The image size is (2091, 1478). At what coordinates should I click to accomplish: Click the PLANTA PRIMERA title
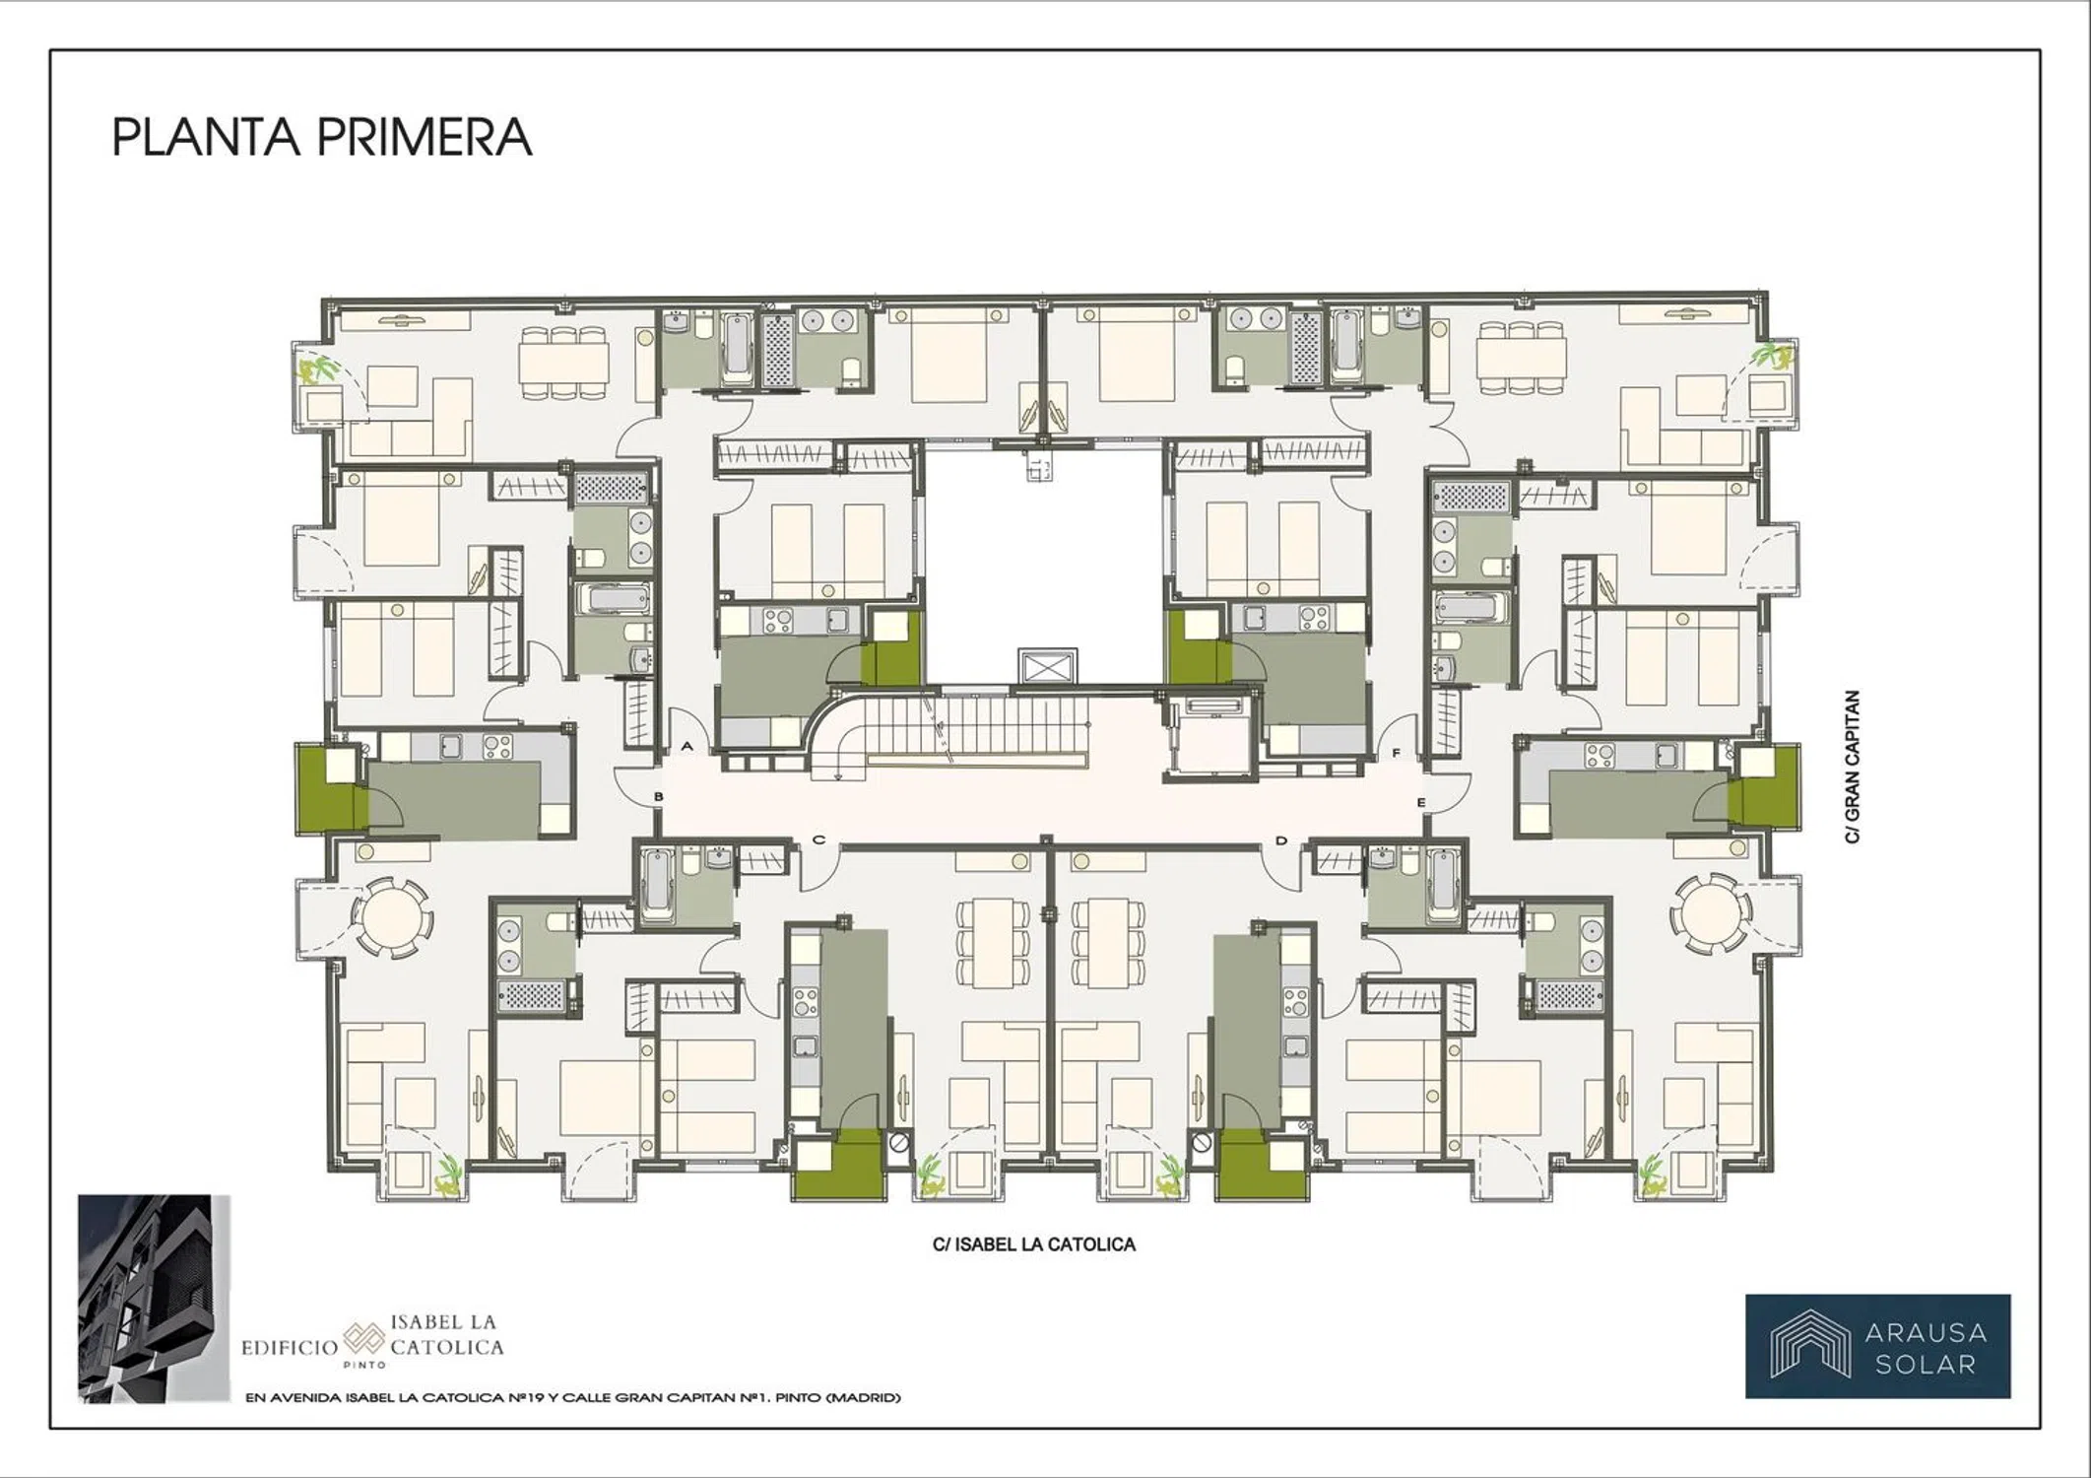321,138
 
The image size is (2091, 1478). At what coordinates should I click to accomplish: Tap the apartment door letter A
687,747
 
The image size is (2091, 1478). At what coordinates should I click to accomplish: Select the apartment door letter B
659,796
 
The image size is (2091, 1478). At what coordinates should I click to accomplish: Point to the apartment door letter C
818,840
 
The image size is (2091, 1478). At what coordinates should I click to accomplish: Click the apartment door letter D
1281,840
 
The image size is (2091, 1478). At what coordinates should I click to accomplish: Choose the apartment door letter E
1421,803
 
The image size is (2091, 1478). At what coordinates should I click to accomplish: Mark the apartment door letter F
1396,754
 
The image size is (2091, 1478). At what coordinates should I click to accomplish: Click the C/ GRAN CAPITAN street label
1853,767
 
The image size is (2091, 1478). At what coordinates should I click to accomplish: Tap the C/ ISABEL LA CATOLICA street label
1034,1244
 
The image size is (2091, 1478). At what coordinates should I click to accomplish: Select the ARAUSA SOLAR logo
1878,1346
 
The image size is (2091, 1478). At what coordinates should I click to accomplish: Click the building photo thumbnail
154,1299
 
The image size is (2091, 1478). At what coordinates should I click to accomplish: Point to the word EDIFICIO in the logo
290,1347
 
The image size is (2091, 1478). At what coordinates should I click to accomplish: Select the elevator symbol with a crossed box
1048,667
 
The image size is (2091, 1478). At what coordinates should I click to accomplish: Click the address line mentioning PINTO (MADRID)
572,1397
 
